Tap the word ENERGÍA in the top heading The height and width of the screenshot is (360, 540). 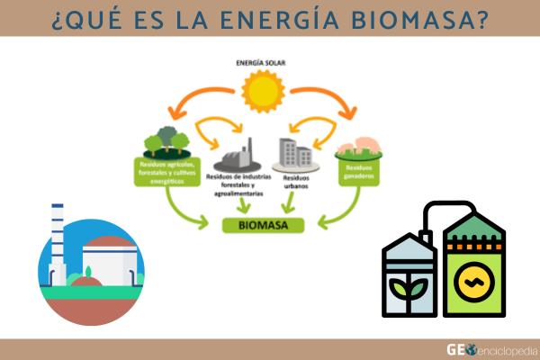280,18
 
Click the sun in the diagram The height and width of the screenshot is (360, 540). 265,91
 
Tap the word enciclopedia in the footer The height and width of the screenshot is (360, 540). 508,349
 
